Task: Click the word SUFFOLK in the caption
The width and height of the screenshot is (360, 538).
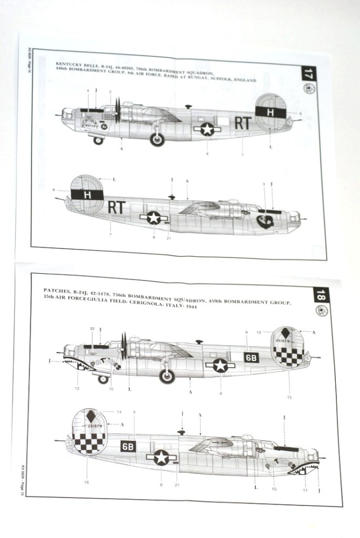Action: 224,80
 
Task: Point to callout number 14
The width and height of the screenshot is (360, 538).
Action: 119,413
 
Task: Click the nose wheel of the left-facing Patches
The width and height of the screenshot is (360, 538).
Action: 103,379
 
